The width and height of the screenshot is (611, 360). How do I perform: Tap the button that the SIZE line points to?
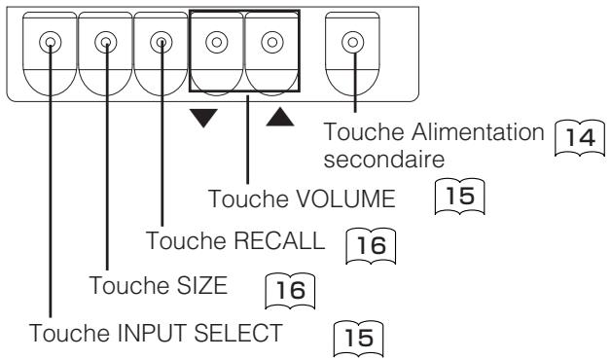click(105, 43)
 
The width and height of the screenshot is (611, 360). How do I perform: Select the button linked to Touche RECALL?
click(162, 43)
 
